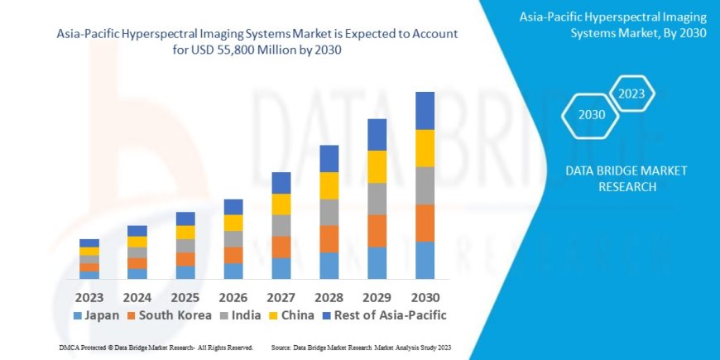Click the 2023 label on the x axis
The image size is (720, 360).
(89, 296)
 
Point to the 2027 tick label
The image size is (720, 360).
(281, 296)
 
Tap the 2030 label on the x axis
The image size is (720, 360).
(425, 296)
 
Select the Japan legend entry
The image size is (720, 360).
(98, 315)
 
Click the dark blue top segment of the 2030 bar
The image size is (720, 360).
(425, 110)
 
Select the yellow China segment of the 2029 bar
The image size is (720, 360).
(377, 166)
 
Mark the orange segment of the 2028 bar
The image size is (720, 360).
(329, 238)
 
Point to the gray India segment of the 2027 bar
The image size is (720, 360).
(281, 225)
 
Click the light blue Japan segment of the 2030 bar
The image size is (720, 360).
(425, 260)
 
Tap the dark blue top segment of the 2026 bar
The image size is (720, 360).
(233, 207)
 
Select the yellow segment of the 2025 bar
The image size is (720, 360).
(185, 233)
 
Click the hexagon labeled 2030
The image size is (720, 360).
(591, 114)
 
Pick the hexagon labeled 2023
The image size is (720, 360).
(631, 93)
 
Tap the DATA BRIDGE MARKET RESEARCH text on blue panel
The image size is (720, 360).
(625, 178)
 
